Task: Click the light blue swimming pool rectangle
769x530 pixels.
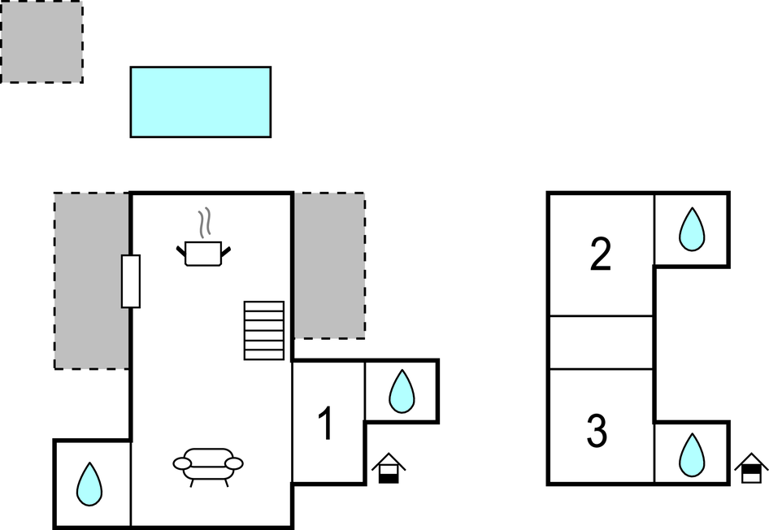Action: click(x=201, y=102)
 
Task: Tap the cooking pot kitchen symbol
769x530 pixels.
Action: click(x=203, y=253)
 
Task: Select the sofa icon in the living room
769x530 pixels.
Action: click(x=208, y=467)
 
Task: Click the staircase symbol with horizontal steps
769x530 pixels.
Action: click(x=264, y=331)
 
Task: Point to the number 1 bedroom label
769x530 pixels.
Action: click(x=326, y=424)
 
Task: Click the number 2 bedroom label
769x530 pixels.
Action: click(x=601, y=254)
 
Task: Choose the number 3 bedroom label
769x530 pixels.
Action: click(x=597, y=431)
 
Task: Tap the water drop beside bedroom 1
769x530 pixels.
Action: click(x=402, y=391)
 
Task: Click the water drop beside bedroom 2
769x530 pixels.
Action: click(x=692, y=229)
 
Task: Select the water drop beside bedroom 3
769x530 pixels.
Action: click(x=692, y=454)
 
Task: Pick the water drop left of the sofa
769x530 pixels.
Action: click(x=89, y=484)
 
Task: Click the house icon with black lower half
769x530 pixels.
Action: click(x=389, y=468)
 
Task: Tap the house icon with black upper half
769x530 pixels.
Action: click(x=751, y=468)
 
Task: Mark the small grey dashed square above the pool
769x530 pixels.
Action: click(x=41, y=41)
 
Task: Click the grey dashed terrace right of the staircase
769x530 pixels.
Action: click(x=329, y=265)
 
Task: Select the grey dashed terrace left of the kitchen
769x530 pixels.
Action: click(x=92, y=280)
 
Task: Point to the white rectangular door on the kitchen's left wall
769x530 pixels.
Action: click(x=131, y=281)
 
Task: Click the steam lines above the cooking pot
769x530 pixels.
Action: click(x=205, y=224)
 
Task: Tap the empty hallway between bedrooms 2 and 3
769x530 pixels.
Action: click(x=602, y=343)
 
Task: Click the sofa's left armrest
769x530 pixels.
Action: click(x=181, y=463)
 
